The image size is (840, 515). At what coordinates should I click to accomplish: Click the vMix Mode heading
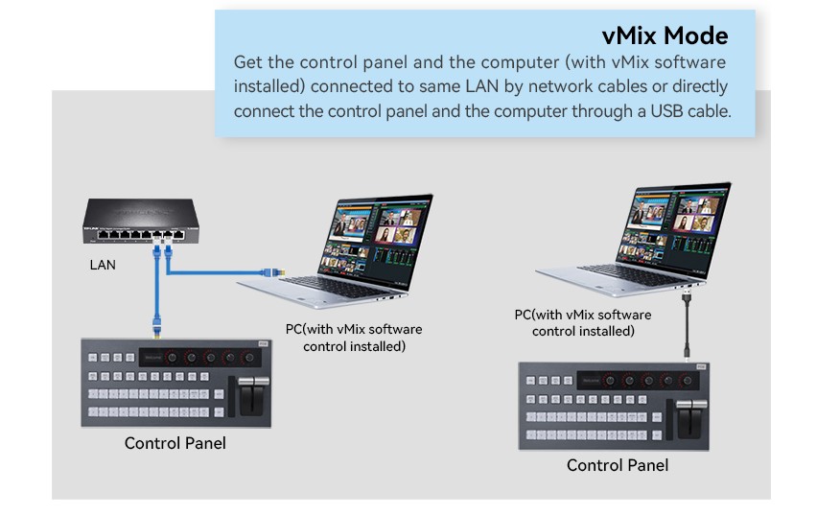click(665, 35)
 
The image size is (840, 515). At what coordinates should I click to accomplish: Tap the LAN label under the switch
click(103, 265)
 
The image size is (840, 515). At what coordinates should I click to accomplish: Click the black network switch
click(140, 221)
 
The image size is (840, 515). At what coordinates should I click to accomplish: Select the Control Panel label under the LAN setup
click(175, 443)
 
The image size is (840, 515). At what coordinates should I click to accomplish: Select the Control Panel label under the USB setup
click(618, 465)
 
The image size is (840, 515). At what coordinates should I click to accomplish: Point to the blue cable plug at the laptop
click(272, 272)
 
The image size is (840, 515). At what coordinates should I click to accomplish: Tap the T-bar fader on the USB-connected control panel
click(691, 418)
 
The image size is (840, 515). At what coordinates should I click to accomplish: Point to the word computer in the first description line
click(504, 62)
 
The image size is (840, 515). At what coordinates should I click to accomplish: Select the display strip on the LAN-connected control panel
click(200, 358)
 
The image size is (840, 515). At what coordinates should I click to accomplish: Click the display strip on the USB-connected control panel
click(639, 381)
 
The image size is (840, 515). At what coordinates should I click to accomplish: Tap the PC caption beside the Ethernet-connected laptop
click(354, 338)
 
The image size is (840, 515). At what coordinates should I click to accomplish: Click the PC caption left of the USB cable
click(583, 322)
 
